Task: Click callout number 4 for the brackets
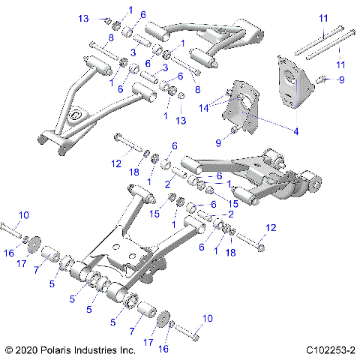(295, 132)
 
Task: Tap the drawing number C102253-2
(330, 349)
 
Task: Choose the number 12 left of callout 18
(115, 163)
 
